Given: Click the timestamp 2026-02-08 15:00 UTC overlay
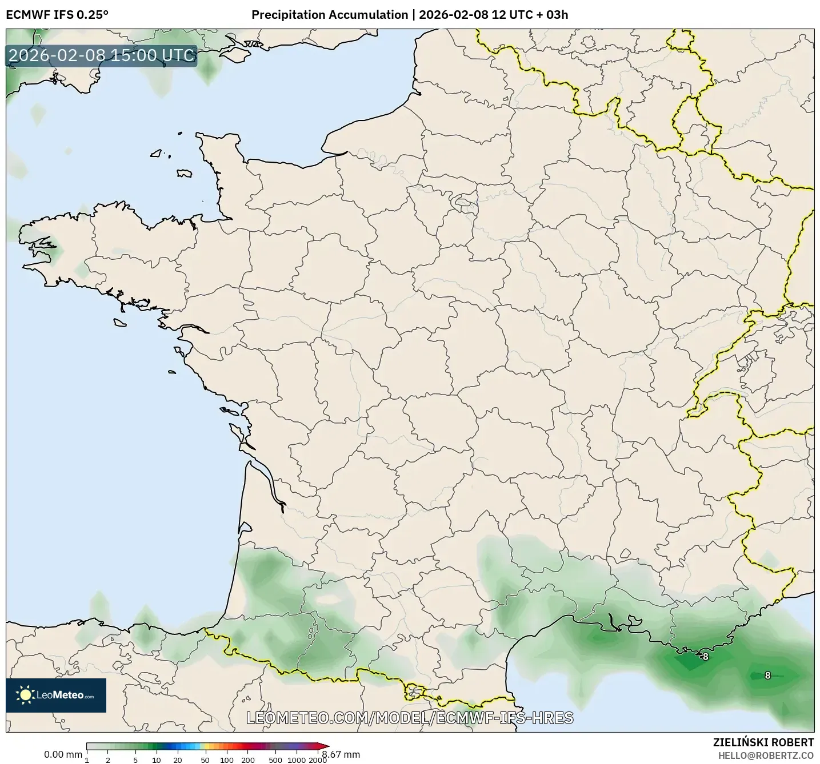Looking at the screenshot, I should (x=102, y=55).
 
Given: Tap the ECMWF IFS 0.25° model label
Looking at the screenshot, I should (x=57, y=15).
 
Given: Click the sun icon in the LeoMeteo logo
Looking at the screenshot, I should (x=25, y=695).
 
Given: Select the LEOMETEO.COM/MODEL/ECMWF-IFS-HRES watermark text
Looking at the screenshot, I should (x=410, y=718).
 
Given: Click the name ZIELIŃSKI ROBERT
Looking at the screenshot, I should (x=763, y=742).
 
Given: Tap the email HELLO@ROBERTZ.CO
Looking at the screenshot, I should (x=766, y=755).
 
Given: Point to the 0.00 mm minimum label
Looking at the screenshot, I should (x=63, y=754).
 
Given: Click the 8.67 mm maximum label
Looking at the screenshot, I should (x=341, y=754).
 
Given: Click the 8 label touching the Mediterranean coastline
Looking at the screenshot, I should (x=705, y=657).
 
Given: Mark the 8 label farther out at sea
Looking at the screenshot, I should (x=767, y=675).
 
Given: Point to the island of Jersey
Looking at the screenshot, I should (x=184, y=173).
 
